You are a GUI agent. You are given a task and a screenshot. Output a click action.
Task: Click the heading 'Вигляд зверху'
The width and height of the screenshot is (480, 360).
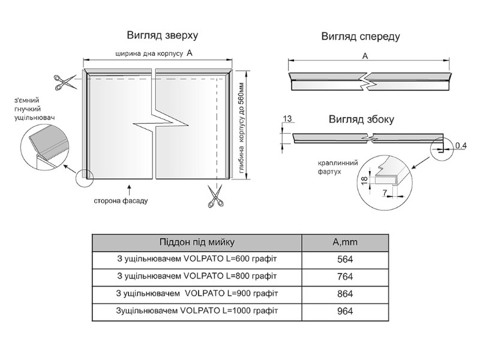coord(162,35)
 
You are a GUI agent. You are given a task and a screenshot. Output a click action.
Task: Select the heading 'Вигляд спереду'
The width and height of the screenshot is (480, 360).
coord(360,37)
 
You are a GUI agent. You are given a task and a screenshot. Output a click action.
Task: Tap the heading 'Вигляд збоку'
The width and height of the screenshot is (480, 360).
coord(361,119)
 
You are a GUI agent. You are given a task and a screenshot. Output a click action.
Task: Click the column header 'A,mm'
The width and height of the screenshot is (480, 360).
coord(345,242)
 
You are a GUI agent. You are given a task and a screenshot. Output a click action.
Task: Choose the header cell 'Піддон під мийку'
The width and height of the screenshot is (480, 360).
coord(197,242)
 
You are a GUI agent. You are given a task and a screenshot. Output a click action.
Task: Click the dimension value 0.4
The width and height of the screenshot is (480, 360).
coord(461,146)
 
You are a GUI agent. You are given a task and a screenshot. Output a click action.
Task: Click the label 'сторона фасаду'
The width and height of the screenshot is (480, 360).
coord(121,200)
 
